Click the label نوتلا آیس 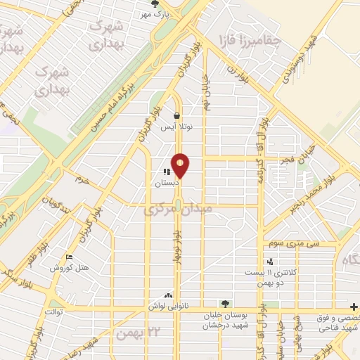(x=177, y=127)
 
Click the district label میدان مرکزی (x=177, y=210)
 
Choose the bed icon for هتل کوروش (x=68, y=257)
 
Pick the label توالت (x=53, y=311)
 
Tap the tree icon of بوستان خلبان (x=225, y=304)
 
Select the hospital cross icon (x=354, y=307)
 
